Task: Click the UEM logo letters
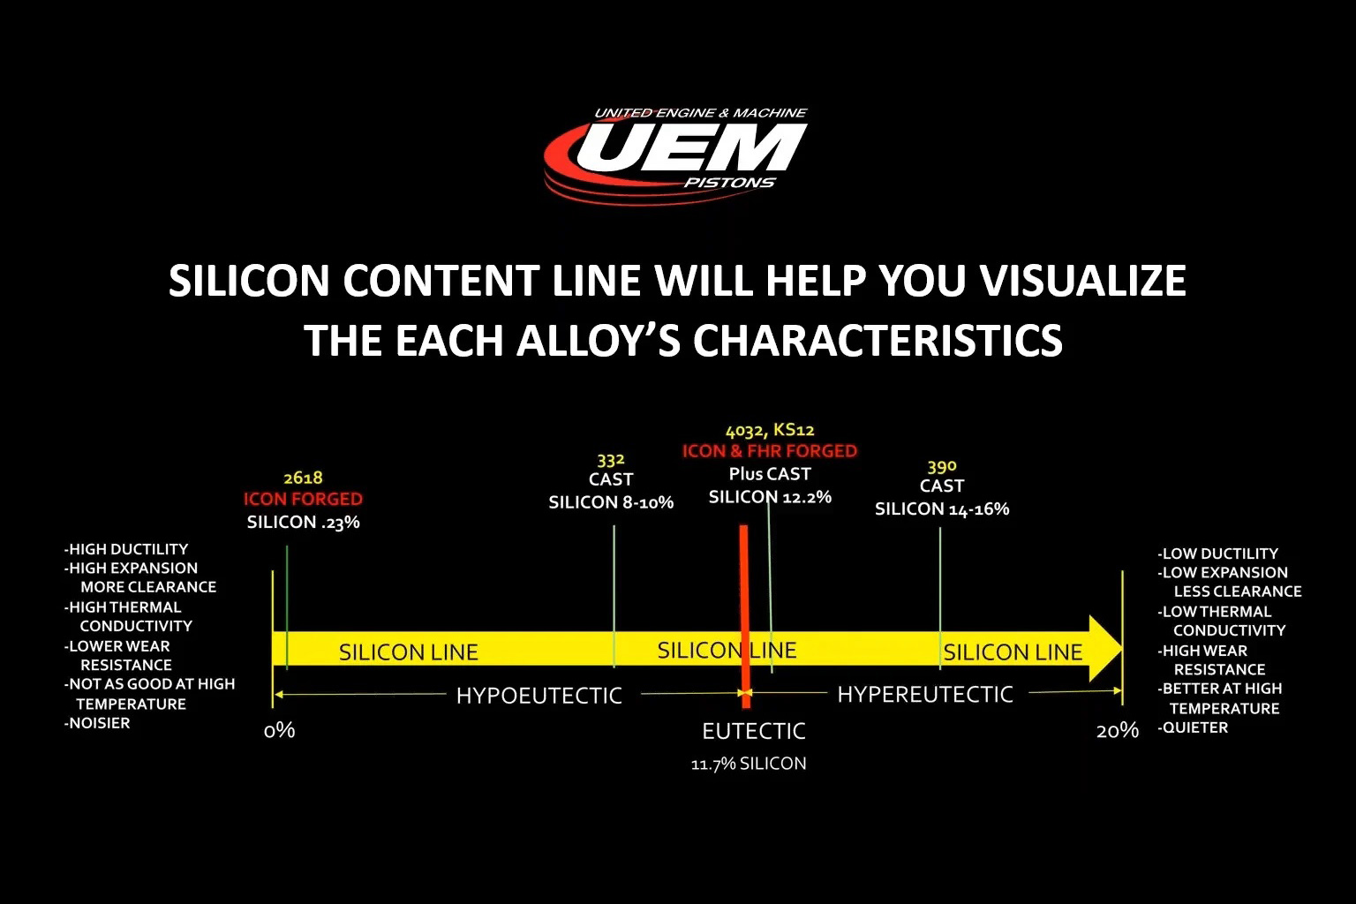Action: click(691, 148)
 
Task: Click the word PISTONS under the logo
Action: click(729, 183)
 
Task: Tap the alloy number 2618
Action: click(304, 478)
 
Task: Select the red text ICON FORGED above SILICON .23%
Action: click(304, 499)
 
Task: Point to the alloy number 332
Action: click(611, 460)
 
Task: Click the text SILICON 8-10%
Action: click(611, 502)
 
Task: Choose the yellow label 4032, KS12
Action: click(770, 431)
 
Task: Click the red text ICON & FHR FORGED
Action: click(770, 451)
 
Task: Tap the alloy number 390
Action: click(942, 467)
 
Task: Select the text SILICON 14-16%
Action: click(942, 508)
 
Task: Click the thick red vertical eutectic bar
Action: click(744, 616)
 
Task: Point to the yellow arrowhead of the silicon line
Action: click(1105, 649)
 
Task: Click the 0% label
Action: click(280, 731)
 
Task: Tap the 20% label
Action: click(1118, 731)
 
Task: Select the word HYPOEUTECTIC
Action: click(539, 696)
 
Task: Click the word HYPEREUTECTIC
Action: click(925, 695)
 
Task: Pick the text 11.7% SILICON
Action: click(749, 765)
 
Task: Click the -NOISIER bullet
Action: click(97, 723)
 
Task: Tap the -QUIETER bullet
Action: click(1193, 727)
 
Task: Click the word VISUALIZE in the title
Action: click(1083, 281)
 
